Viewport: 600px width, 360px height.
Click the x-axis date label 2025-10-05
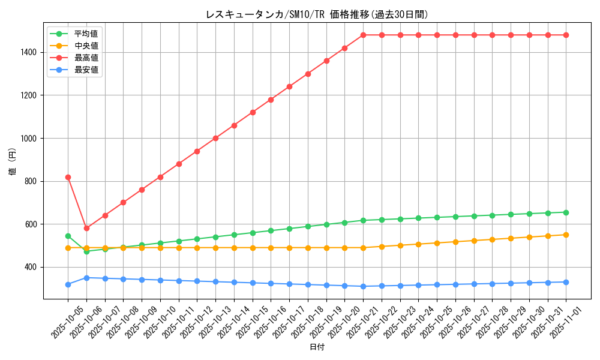coord(58,321)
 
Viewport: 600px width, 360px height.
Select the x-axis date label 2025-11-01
coord(557,321)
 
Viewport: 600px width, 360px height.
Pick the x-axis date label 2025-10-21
coord(353,321)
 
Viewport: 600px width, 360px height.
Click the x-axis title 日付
coord(317,347)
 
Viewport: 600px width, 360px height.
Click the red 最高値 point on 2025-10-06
coord(86,228)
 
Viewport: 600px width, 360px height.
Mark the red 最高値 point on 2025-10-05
coord(68,177)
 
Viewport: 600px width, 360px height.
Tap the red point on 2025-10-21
coord(363,35)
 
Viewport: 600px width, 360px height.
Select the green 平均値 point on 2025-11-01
coord(566,212)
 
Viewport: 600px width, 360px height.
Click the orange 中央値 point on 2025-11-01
coord(566,235)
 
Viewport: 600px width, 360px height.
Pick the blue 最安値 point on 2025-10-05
coord(68,284)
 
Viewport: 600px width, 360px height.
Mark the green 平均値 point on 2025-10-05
coord(68,236)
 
